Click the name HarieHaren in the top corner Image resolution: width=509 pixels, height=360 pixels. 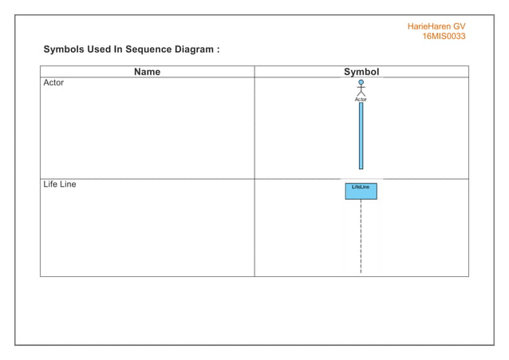pos(429,26)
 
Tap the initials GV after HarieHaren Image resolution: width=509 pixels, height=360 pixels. pos(460,26)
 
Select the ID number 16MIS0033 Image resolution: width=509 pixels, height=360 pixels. pos(444,37)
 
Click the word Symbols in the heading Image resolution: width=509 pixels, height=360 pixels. pos(65,49)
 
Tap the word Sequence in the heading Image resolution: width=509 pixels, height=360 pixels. pos(154,49)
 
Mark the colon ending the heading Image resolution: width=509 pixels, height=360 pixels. pos(218,50)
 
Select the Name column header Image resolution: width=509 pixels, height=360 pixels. pos(147,72)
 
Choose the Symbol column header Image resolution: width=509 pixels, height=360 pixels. pos(361,72)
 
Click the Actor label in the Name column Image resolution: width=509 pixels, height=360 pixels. pos(53,83)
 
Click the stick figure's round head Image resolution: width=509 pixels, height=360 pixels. pos(361,81)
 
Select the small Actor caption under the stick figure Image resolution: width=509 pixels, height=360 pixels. pos(361,100)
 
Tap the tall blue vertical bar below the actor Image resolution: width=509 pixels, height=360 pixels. pos(361,136)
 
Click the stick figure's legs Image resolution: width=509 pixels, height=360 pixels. pos(361,93)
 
